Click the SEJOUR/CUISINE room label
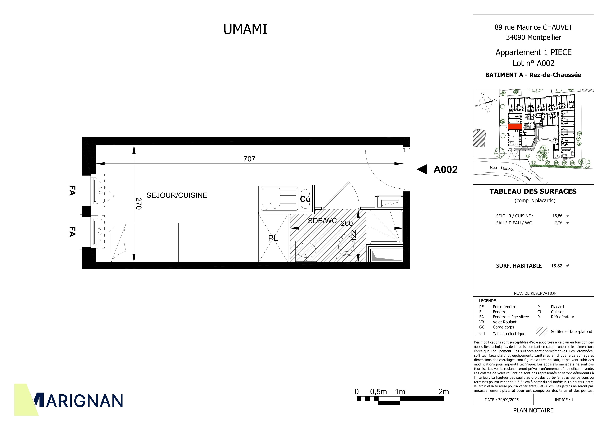tap(177, 195)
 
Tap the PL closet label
tap(273, 238)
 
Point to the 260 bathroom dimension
tap(347, 223)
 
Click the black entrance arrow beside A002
tap(422, 169)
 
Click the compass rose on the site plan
tap(485, 103)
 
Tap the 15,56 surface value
tap(557, 216)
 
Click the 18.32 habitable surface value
tap(556, 266)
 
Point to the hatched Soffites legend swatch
tap(541, 331)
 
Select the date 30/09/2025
tap(508, 400)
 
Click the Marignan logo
tap(68, 400)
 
